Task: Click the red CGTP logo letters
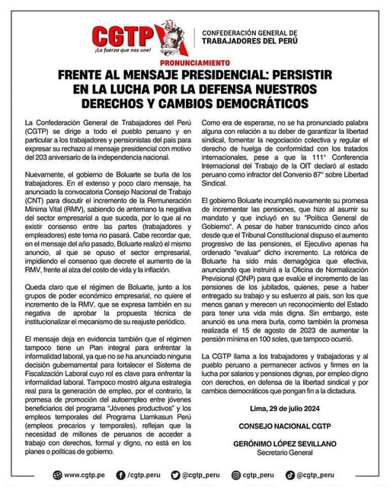(123, 35)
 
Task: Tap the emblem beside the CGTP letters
(169, 35)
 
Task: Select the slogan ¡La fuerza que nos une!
(123, 50)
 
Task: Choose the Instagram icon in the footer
(237, 475)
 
